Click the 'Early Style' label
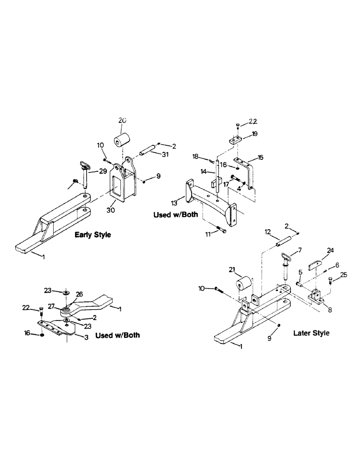tap(93, 235)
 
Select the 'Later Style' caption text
tap(311, 333)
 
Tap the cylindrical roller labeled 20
tap(122, 140)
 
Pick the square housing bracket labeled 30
tap(123, 185)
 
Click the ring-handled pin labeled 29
tap(86, 170)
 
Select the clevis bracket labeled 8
tap(316, 296)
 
